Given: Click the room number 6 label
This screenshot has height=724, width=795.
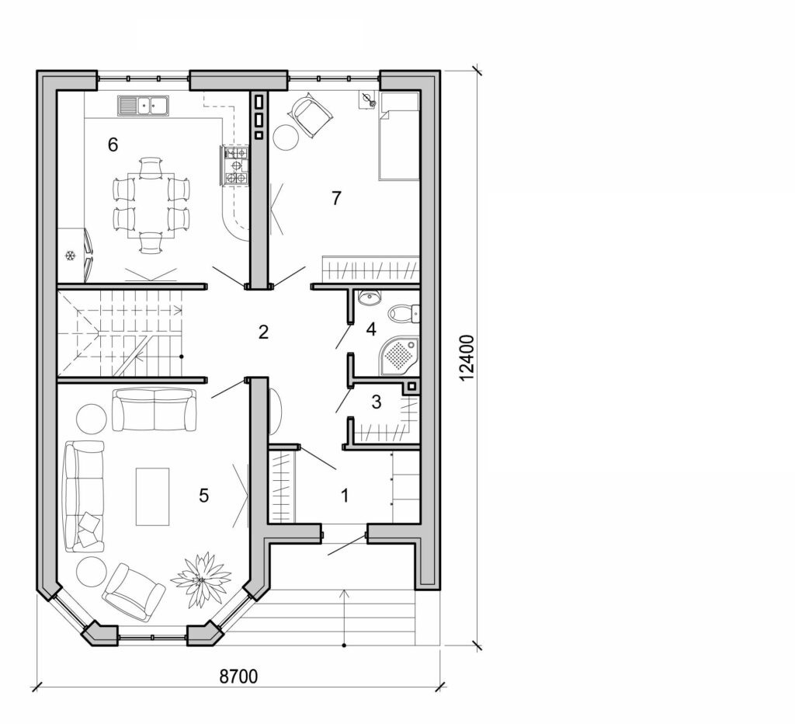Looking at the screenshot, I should tap(113, 144).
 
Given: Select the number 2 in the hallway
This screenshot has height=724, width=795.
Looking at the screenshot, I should tap(263, 332).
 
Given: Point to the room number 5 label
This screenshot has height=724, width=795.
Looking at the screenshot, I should tap(203, 496).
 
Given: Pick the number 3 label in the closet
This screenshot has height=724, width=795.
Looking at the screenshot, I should tap(377, 402).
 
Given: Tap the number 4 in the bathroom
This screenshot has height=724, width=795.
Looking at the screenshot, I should tap(371, 329).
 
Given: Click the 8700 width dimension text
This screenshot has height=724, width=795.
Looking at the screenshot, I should tap(238, 677).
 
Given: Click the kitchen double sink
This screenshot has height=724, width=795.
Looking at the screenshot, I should tap(144, 104).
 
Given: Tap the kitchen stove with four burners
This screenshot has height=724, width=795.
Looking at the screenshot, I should tap(236, 167).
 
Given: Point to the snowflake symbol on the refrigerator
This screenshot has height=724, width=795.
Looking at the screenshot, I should tap(69, 256).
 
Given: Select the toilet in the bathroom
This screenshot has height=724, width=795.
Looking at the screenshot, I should tap(404, 313).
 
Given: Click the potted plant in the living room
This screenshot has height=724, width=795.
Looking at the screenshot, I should tap(201, 580).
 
